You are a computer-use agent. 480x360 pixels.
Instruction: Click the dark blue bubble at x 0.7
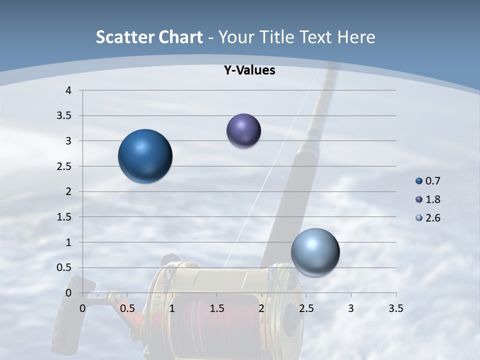pos(145,156)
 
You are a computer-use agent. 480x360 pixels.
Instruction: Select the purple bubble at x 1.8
pos(243,130)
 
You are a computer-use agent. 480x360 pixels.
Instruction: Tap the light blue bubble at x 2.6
pos(315,252)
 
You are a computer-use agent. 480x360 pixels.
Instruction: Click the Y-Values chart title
pos(249,70)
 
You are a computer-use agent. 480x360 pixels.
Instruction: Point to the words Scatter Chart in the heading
pos(149,37)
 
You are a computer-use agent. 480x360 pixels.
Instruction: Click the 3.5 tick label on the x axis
pos(396,308)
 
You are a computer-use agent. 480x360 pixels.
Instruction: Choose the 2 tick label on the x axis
pos(261,308)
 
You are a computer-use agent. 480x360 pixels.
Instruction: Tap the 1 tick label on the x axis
pos(172,308)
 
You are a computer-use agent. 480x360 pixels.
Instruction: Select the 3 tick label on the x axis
pos(351,308)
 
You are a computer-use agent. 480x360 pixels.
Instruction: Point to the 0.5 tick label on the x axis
pos(127,308)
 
